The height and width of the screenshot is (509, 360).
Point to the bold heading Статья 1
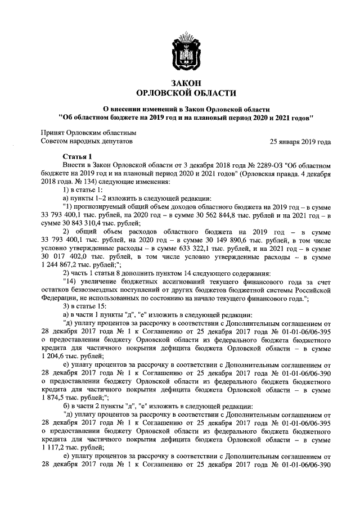(x=76, y=156)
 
